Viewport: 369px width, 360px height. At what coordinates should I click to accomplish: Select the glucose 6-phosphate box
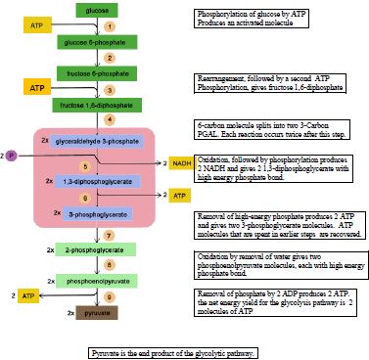click(x=96, y=44)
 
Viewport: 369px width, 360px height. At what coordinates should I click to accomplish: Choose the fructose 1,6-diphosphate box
click(x=96, y=105)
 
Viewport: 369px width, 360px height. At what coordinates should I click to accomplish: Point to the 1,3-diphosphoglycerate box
click(x=95, y=182)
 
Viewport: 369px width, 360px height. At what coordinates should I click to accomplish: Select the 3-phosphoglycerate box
click(x=96, y=212)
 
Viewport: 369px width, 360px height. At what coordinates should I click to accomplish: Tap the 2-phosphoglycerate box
click(x=97, y=249)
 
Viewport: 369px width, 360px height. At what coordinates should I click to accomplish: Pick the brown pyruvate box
click(x=97, y=313)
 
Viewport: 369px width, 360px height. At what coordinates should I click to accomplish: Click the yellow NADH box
click(x=182, y=162)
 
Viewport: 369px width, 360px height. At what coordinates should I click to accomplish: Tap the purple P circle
click(x=12, y=156)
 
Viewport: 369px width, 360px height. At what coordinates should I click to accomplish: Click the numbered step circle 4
click(x=110, y=119)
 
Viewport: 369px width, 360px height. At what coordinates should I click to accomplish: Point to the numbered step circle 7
click(x=110, y=236)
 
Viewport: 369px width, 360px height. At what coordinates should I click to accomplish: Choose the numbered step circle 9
click(x=110, y=295)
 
